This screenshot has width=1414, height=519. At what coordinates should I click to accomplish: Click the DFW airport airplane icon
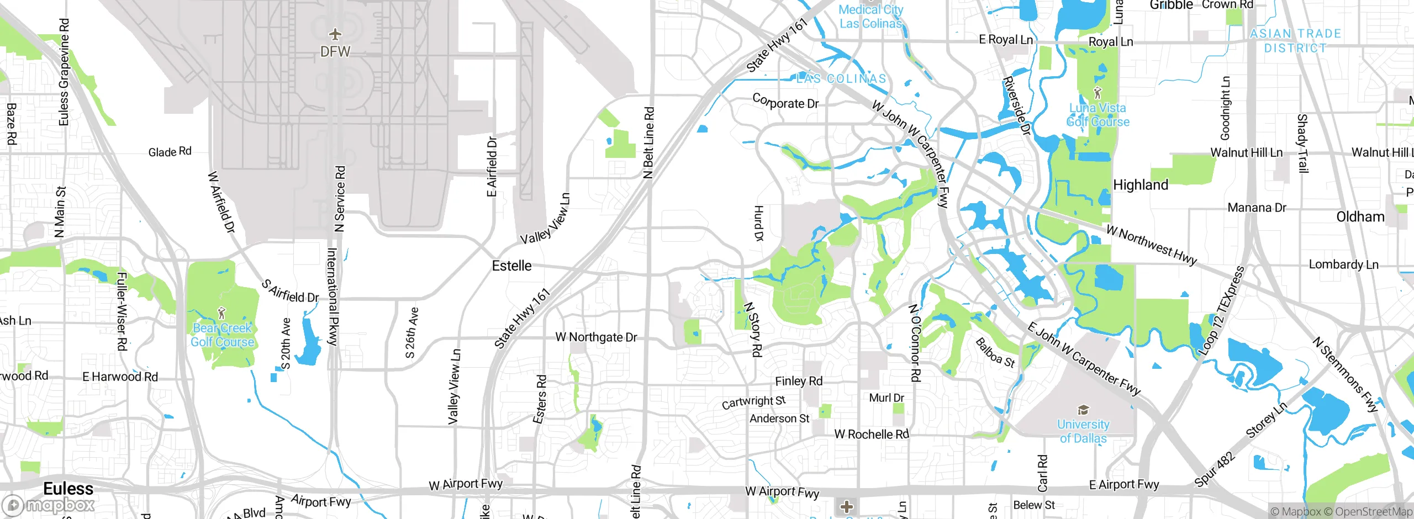(x=335, y=35)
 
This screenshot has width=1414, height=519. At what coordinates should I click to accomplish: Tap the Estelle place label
(x=511, y=266)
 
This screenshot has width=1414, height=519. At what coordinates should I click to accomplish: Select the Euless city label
(x=68, y=489)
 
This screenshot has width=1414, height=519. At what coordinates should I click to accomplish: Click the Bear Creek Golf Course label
(x=222, y=335)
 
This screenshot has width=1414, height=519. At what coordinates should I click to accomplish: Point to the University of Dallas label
(x=1083, y=431)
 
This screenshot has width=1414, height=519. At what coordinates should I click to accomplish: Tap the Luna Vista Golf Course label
(x=1098, y=115)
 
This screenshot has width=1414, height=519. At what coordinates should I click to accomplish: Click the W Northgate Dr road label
(x=596, y=337)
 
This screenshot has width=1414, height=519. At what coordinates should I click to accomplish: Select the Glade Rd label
(x=170, y=152)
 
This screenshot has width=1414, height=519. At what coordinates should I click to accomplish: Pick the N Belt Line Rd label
(x=649, y=142)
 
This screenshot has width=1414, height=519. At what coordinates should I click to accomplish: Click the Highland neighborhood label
(x=1141, y=185)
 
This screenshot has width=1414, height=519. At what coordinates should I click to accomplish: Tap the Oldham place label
(x=1360, y=217)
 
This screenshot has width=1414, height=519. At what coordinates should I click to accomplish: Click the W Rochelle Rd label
(x=872, y=435)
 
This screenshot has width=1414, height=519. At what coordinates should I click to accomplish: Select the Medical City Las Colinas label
(x=870, y=17)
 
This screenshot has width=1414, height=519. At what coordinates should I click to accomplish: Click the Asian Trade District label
(x=1295, y=41)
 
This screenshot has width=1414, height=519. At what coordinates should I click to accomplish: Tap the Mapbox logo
(x=49, y=505)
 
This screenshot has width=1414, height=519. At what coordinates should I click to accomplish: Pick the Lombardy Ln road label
(x=1343, y=264)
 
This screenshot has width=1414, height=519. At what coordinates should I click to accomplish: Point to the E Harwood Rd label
(x=120, y=377)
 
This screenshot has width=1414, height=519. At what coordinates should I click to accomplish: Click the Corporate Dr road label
(x=785, y=102)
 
